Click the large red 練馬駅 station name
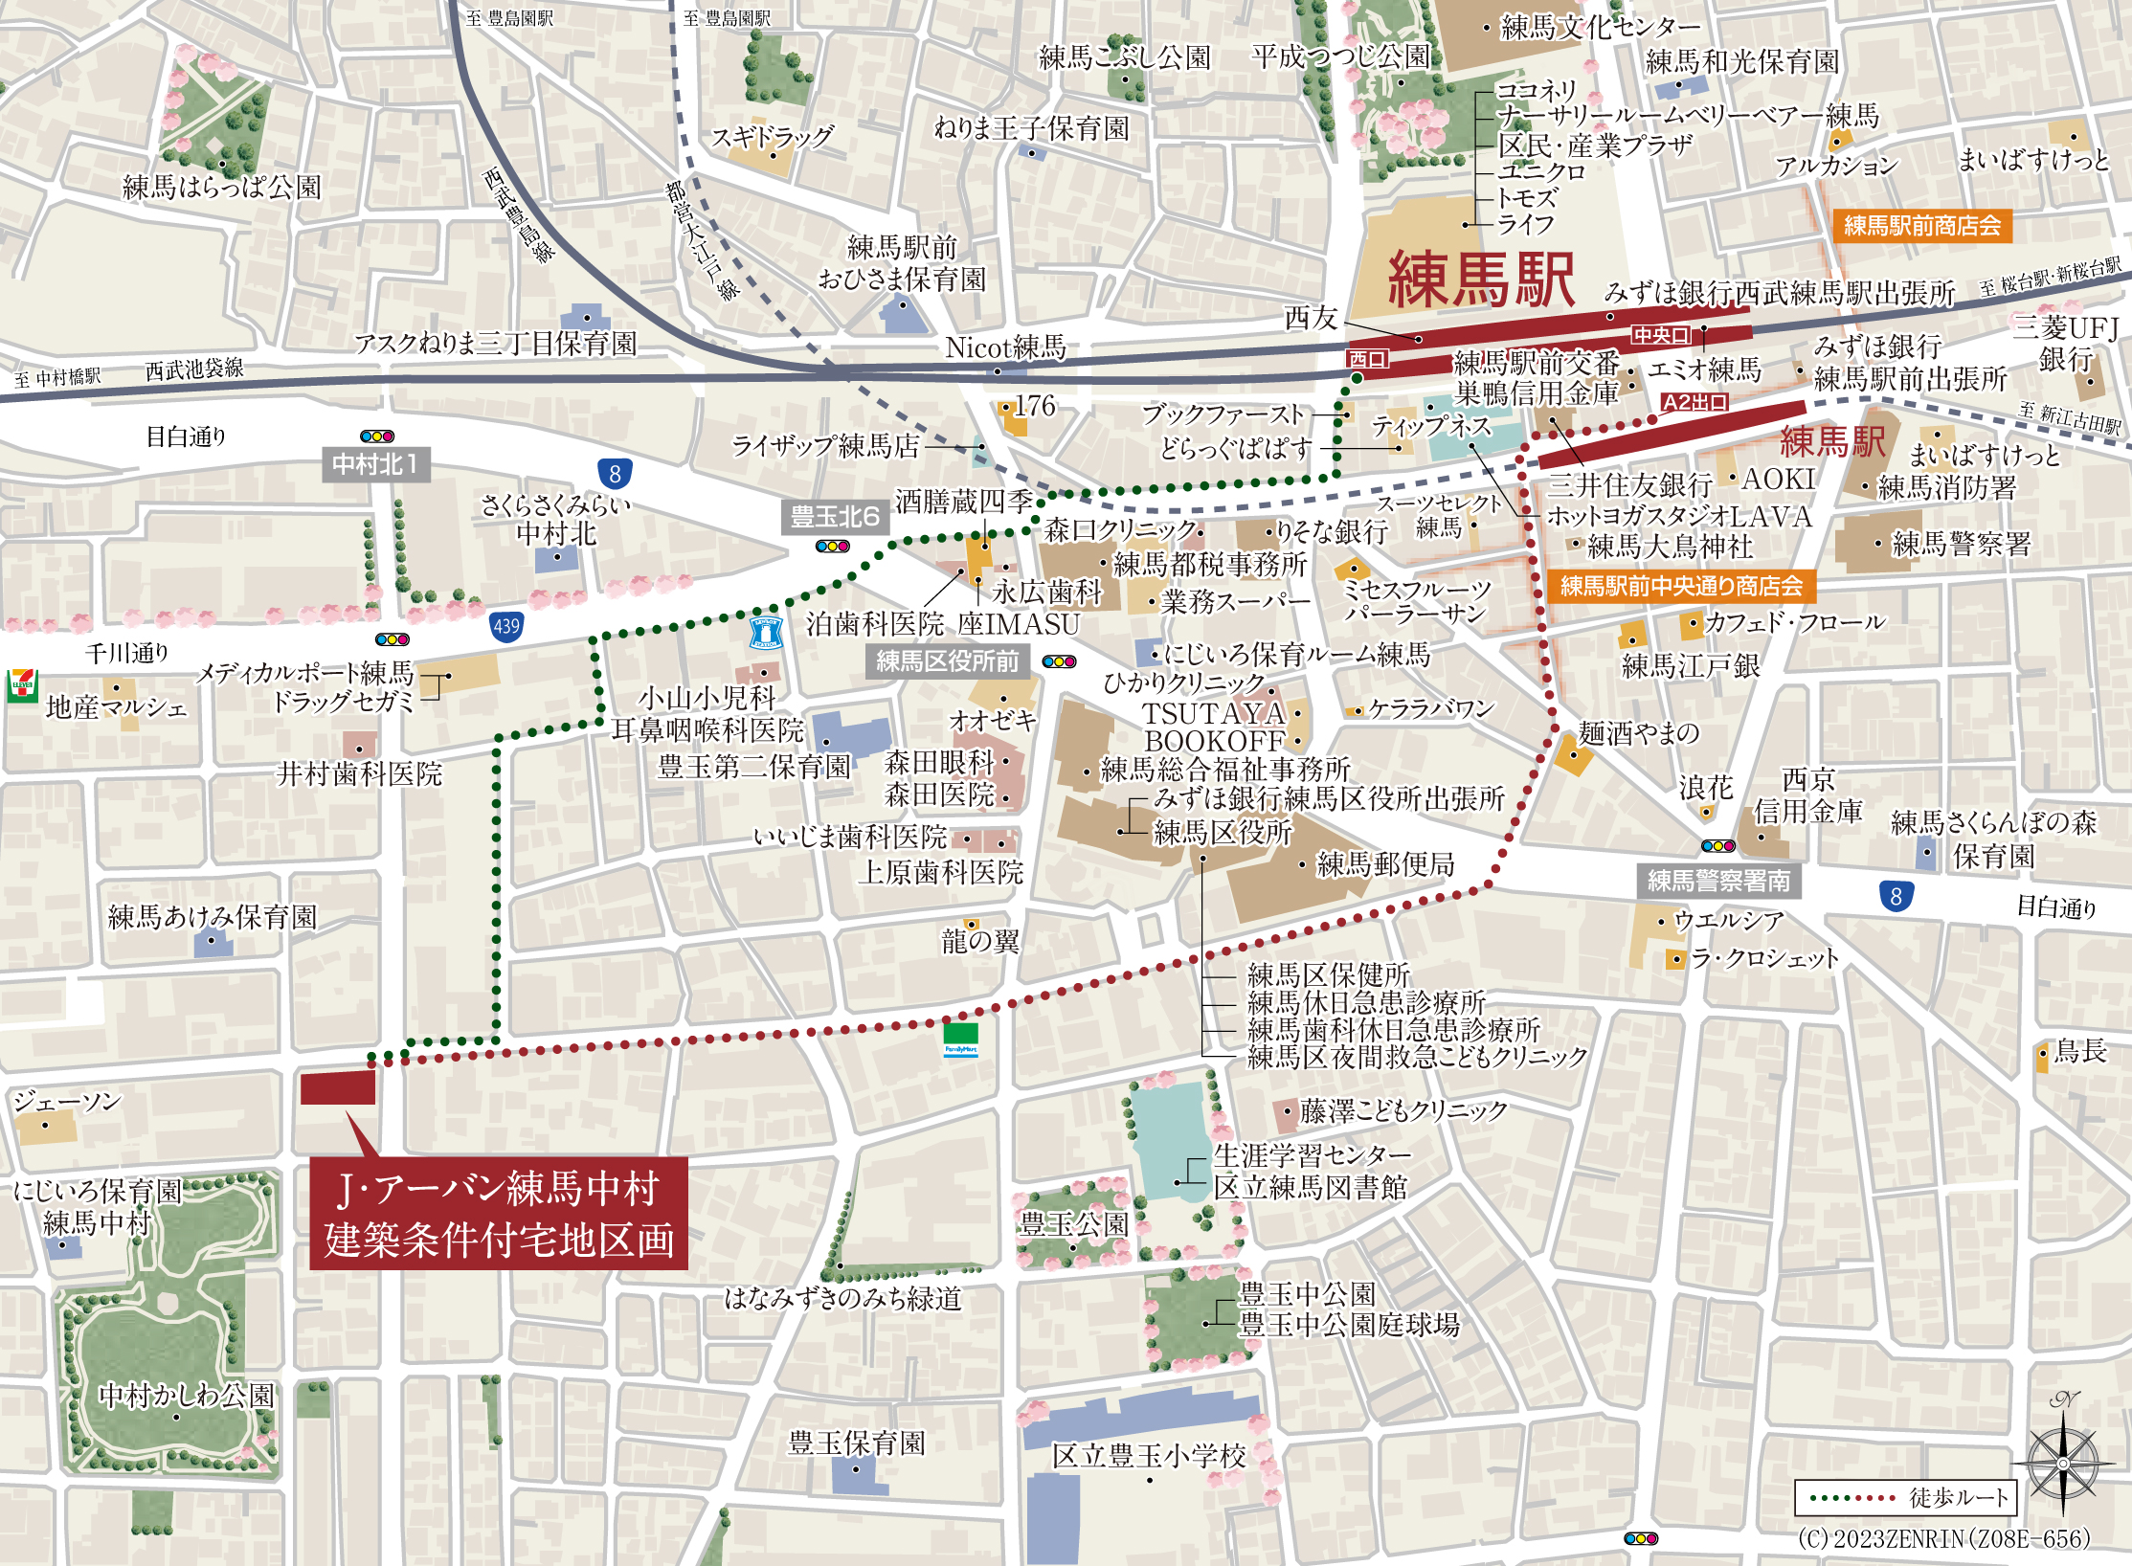click(x=1480, y=280)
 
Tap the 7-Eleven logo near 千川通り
click(x=21, y=685)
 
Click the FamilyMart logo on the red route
click(x=960, y=1039)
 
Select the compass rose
click(x=2062, y=1463)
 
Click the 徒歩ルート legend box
click(x=1906, y=1498)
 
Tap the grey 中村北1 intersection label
click(x=375, y=464)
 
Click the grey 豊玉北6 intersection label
click(x=835, y=517)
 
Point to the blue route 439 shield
click(x=506, y=627)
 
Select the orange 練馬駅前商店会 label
click(x=1921, y=226)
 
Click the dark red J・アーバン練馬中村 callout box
click(x=498, y=1214)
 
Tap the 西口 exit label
click(x=1367, y=359)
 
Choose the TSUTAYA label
click(x=1213, y=713)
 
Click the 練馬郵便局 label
click(x=1385, y=864)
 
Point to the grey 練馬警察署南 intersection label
click(x=1718, y=881)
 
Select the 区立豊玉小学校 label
click(x=1149, y=1456)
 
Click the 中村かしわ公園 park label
click(x=187, y=1396)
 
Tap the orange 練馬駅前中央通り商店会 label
click(x=1681, y=586)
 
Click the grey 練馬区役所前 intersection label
click(x=947, y=661)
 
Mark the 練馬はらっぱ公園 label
click(x=222, y=188)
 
